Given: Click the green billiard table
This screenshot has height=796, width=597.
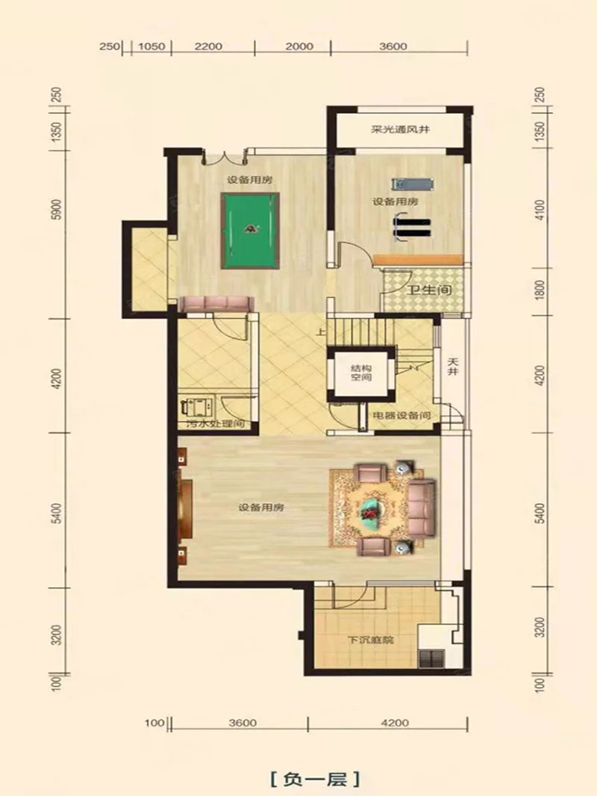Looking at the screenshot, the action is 250,231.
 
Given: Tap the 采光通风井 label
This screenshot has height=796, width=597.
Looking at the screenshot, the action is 400,129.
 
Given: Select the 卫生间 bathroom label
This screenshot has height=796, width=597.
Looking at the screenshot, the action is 429,290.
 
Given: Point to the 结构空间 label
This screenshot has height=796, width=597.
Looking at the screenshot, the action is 361,373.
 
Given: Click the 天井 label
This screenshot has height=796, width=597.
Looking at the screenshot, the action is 453,367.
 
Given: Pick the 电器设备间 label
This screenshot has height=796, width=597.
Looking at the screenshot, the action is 401,415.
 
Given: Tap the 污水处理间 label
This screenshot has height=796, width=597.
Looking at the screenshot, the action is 216,423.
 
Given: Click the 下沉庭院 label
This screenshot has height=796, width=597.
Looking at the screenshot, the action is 370,640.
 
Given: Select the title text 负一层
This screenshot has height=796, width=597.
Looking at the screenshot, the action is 315,778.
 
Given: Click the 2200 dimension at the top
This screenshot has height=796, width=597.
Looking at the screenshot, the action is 208,46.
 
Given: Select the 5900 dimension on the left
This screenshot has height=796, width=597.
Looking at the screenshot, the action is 57,208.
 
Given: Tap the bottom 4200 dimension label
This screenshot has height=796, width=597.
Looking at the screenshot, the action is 395,722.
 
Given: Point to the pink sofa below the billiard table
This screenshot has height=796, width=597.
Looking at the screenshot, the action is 217,304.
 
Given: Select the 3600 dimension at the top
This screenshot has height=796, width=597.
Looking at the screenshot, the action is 393,46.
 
